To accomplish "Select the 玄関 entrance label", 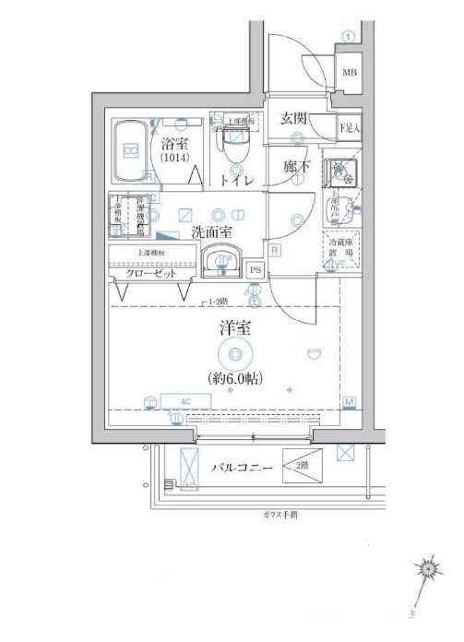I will click(x=294, y=119).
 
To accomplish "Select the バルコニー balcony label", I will click(x=241, y=468).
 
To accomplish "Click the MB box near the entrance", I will click(x=351, y=72).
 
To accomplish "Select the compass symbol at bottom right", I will click(x=427, y=570).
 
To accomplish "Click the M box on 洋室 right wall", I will click(x=350, y=401).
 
